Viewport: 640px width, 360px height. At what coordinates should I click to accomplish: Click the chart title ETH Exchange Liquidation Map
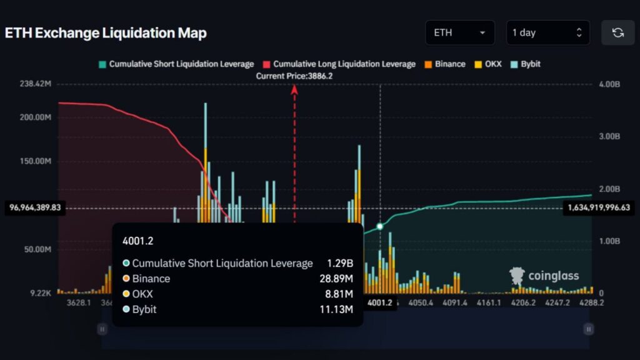106,33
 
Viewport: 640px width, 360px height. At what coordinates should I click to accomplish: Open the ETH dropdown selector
459,33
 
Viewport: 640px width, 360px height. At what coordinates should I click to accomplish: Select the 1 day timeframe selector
547,33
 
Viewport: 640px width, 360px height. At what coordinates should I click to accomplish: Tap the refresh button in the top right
617,33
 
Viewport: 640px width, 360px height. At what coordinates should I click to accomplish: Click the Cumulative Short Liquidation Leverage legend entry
176,64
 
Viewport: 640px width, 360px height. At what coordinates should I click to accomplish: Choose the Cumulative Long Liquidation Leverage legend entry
339,64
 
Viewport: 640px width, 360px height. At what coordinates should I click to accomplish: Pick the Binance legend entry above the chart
445,64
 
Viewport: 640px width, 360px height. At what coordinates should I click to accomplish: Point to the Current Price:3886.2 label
294,76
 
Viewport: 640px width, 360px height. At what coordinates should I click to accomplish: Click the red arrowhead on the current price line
294,89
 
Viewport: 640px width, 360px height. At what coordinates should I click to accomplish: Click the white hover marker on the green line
379,226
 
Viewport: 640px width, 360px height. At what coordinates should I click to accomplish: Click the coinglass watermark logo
544,276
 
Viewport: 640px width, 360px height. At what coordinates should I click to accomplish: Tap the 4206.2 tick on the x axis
523,302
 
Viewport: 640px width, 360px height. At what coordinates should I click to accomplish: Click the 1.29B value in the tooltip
340,263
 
